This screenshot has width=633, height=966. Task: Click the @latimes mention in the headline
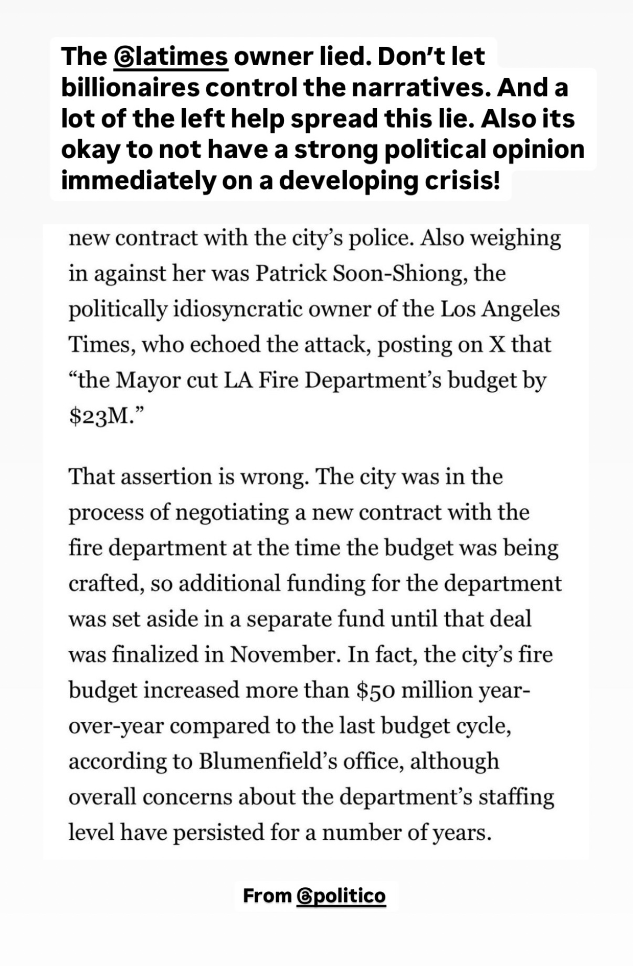[171, 57]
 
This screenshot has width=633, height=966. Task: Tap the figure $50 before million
[375, 691]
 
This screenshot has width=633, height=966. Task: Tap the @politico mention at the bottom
[341, 896]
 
